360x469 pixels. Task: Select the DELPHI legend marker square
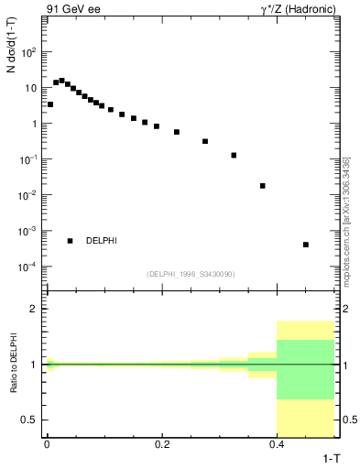click(70, 241)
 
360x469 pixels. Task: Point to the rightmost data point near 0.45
click(306, 245)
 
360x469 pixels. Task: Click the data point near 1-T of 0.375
click(263, 186)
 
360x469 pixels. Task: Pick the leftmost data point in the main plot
click(49, 104)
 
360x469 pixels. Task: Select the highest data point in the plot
click(61, 81)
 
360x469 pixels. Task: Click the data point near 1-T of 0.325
click(234, 155)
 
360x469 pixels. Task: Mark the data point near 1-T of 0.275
click(205, 141)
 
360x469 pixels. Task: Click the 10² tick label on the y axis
click(28, 52)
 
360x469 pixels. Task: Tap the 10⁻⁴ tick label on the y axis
click(27, 267)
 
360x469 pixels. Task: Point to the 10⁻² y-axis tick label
click(27, 195)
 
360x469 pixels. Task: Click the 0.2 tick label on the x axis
click(162, 443)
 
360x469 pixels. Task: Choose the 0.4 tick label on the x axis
click(278, 443)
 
